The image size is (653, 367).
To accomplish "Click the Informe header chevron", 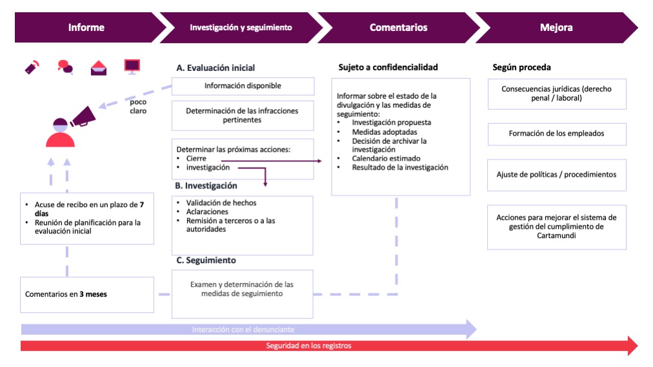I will tap(86, 28).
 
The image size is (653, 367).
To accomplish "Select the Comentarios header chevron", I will tap(398, 28).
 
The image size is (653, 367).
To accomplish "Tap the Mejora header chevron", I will tap(556, 28).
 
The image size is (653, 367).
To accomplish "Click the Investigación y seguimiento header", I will tap(241, 28).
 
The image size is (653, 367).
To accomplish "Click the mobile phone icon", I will tap(32, 66).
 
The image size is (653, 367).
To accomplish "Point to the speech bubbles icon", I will tap(65, 66).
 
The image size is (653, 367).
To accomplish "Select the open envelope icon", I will tap(99, 67).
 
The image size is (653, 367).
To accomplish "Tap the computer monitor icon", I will tap(132, 66).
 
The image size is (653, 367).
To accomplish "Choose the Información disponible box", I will tap(243, 86).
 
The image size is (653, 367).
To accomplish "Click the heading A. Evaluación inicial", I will tap(216, 68).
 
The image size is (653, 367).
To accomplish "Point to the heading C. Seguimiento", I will tap(206, 261).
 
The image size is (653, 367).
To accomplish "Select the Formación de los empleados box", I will tap(556, 134).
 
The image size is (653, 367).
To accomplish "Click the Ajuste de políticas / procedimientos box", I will tap(556, 175).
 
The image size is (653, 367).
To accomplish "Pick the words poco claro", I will tap(138, 106).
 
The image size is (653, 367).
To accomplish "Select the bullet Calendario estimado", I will tap(386, 159).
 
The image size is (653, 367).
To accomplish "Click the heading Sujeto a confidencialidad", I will tap(388, 68).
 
